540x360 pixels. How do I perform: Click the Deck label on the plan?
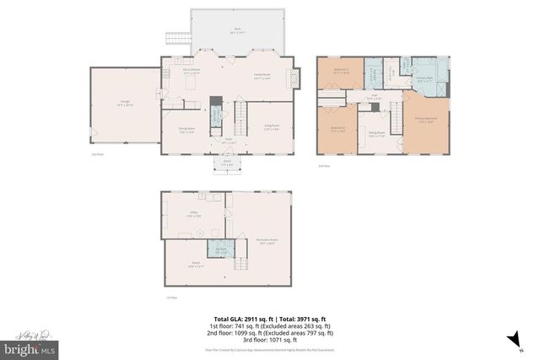237,30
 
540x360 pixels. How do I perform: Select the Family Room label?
263,76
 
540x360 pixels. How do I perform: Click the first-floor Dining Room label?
187,131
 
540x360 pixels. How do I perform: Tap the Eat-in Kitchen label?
192,71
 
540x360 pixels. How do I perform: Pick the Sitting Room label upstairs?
375,133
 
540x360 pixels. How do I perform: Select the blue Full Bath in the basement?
220,250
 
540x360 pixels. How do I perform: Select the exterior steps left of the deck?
176,38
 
